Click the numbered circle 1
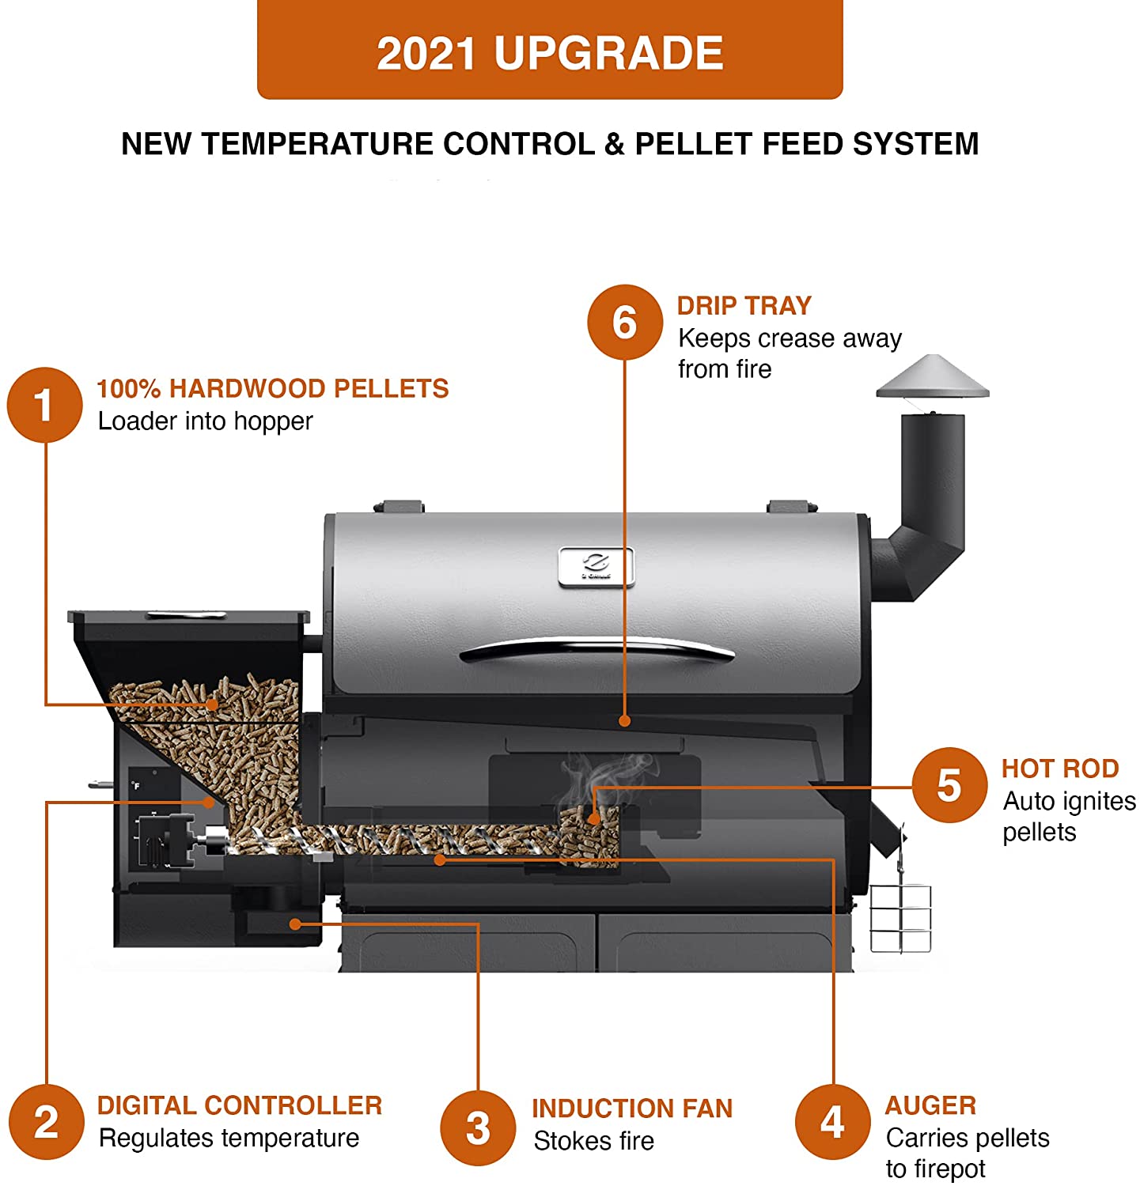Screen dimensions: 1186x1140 pyautogui.click(x=45, y=405)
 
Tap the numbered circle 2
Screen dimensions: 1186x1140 pyautogui.click(x=47, y=1122)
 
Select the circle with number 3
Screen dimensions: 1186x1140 pyautogui.click(x=478, y=1127)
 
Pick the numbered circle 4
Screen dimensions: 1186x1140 pyautogui.click(x=832, y=1122)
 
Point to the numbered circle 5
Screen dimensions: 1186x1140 pyautogui.click(x=949, y=785)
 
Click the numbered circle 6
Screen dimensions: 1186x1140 pyautogui.click(x=624, y=323)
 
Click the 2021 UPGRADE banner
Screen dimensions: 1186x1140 pyautogui.click(x=550, y=51)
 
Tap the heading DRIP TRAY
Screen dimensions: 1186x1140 pyautogui.click(x=744, y=305)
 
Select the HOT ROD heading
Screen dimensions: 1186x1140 pyautogui.click(x=1060, y=769)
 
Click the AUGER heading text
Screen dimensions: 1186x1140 pyautogui.click(x=930, y=1105)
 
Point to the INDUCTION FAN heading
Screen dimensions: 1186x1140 pyautogui.click(x=632, y=1109)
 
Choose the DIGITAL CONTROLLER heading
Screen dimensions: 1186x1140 pyautogui.click(x=240, y=1105)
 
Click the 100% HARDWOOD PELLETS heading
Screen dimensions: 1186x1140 pyautogui.click(x=272, y=388)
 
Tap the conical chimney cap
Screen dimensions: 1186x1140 pyautogui.click(x=933, y=377)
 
